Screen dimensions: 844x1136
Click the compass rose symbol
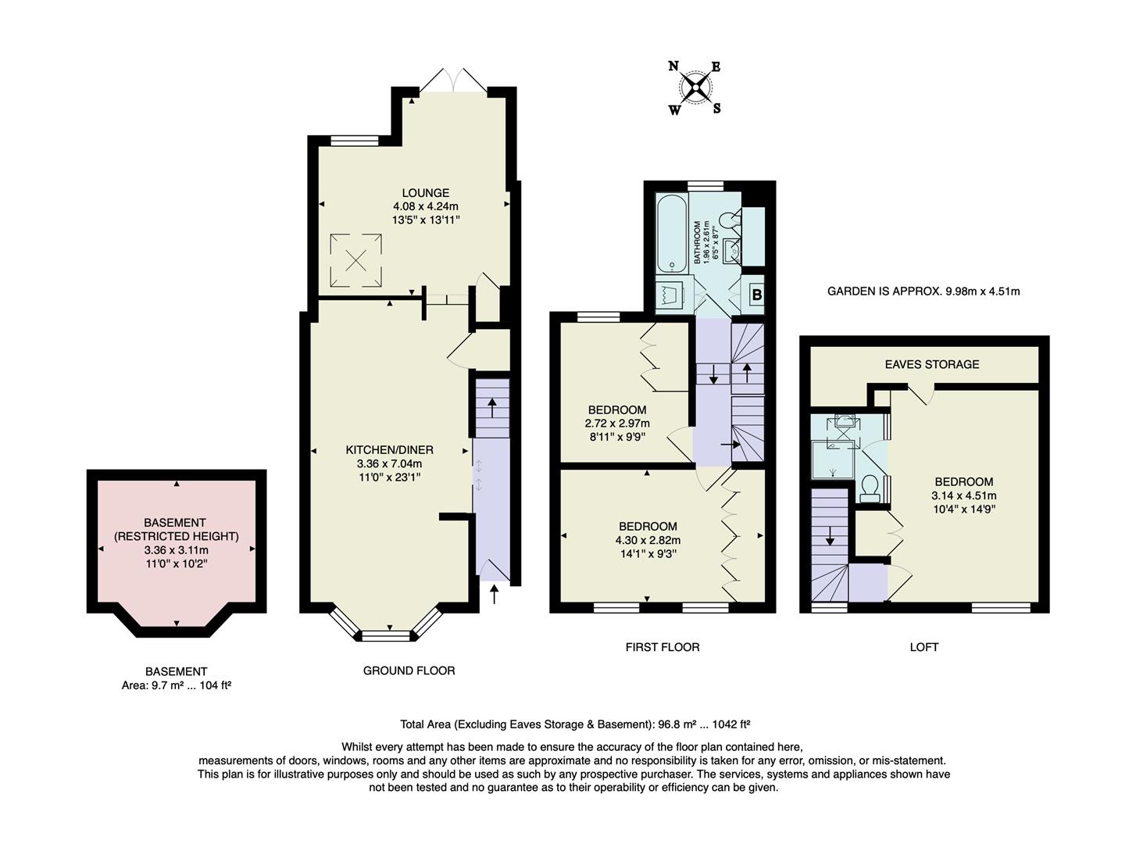click(695, 87)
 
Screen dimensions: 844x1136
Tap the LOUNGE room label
click(425, 193)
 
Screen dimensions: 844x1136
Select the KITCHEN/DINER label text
click(389, 450)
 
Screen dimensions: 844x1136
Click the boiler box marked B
click(756, 295)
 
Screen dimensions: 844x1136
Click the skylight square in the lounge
click(356, 260)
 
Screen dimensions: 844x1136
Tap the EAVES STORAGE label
click(931, 364)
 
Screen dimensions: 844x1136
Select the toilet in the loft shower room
click(869, 488)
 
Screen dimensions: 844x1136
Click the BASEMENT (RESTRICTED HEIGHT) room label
click(176, 529)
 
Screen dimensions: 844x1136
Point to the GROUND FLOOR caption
click(409, 671)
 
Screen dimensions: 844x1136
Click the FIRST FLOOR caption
click(662, 647)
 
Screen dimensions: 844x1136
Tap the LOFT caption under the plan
click(923, 647)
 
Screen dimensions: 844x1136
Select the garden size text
click(923, 291)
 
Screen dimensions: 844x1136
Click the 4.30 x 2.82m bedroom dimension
click(648, 540)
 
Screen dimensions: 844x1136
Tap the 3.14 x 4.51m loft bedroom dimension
click(963, 495)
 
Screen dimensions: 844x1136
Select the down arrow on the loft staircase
click(830, 537)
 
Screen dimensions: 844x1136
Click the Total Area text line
click(574, 724)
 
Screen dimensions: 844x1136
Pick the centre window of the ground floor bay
click(386, 635)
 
